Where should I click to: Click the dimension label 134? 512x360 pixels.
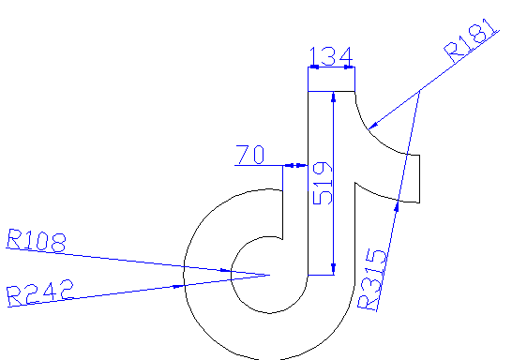click(331, 57)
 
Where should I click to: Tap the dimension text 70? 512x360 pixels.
click(250, 155)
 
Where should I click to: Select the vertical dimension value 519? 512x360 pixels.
click(322, 185)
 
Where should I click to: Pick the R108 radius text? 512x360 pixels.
click(36, 241)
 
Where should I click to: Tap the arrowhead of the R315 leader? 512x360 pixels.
click(399, 205)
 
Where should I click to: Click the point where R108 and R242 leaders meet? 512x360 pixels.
click(270, 276)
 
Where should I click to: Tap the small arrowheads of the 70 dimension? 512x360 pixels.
click(296, 166)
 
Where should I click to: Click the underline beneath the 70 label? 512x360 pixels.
click(258, 166)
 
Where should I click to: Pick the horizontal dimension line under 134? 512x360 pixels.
click(332, 68)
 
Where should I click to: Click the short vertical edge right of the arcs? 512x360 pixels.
click(423, 178)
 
